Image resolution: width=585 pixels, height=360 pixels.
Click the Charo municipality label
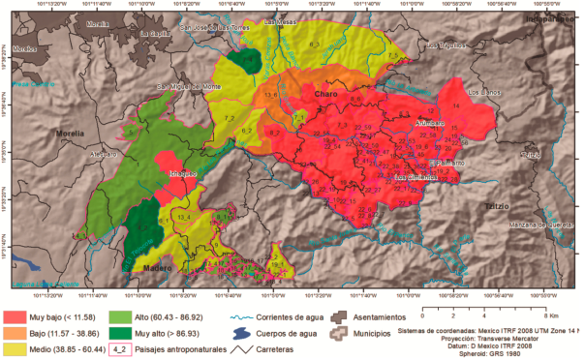[326, 94]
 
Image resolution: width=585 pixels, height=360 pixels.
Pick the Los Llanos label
[483, 93]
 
